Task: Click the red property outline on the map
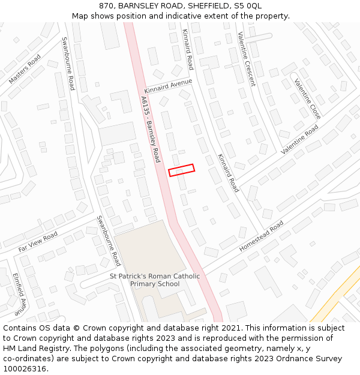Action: pos(181,170)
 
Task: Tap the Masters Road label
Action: pos(25,69)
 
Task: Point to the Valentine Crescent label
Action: pos(246,59)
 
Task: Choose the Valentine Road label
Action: pos(299,140)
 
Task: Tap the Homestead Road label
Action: pos(261,236)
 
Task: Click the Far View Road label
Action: pos(38,241)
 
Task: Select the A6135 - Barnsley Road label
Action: pos(151,129)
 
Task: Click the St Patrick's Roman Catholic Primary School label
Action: pos(155,280)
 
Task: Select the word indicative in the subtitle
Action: pos(182,16)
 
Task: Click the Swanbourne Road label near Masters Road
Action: pos(68,64)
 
